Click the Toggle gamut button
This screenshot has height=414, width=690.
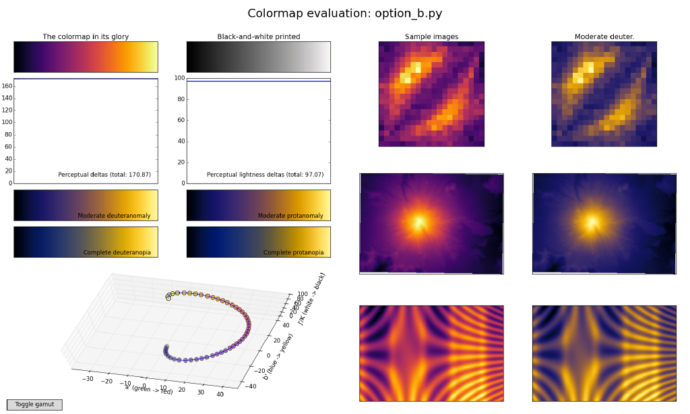[34, 405]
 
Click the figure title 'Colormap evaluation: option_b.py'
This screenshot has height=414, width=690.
[344, 13]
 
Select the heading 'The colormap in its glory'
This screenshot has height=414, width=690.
[86, 36]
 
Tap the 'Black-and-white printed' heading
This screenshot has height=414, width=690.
[259, 36]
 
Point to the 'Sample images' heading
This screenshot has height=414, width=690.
[431, 36]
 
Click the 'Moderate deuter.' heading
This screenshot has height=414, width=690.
[604, 36]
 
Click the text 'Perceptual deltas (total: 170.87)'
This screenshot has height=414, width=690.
[104, 175]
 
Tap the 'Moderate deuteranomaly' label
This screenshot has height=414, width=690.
[114, 216]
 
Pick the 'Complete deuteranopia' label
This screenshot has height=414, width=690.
[117, 253]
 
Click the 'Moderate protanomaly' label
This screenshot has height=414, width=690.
[290, 216]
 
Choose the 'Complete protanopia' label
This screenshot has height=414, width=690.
[293, 253]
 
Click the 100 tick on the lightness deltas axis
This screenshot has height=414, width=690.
[179, 78]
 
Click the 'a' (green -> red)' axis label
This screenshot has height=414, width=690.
[149, 390]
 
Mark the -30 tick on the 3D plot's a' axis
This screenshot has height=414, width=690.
[88, 378]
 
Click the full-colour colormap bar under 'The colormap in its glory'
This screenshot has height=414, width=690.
[86, 57]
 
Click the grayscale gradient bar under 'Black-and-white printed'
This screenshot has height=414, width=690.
[259, 57]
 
